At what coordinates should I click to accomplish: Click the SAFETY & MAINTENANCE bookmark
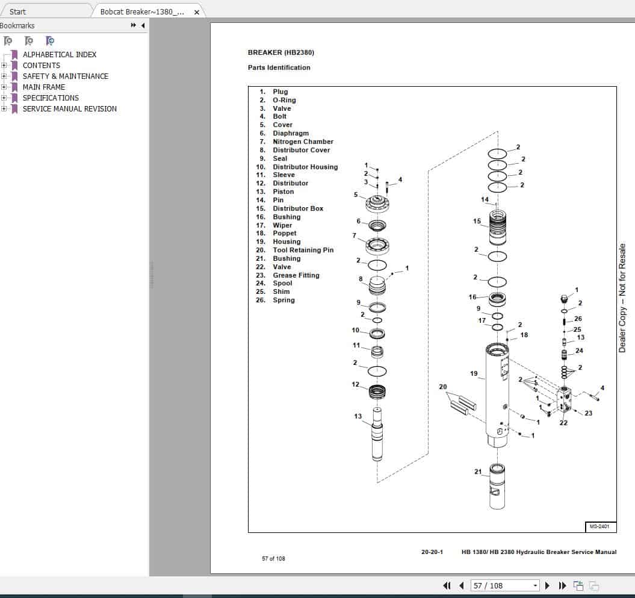point(65,76)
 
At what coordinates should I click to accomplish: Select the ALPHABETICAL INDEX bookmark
point(59,55)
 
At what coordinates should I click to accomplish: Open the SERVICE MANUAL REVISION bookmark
point(69,109)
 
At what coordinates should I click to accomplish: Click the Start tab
point(18,11)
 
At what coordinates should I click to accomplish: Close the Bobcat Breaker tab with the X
point(196,12)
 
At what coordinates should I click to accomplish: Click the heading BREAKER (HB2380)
point(280,52)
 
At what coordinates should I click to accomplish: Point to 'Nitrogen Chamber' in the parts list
point(303,142)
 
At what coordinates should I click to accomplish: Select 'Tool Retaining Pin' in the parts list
point(303,250)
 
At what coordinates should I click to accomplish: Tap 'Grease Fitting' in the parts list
point(296,275)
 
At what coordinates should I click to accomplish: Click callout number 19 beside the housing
point(474,374)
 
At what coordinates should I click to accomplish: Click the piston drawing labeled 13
point(377,437)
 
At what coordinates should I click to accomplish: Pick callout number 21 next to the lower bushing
point(478,472)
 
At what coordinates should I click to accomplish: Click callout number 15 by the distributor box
point(477,222)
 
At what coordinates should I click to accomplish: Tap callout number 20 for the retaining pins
point(443,387)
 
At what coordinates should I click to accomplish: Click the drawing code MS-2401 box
point(600,527)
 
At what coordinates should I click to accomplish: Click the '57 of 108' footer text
point(273,559)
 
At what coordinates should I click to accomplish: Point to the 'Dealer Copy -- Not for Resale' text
point(622,298)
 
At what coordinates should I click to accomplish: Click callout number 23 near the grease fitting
point(588,413)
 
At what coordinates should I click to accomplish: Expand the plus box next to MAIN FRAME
point(4,87)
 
